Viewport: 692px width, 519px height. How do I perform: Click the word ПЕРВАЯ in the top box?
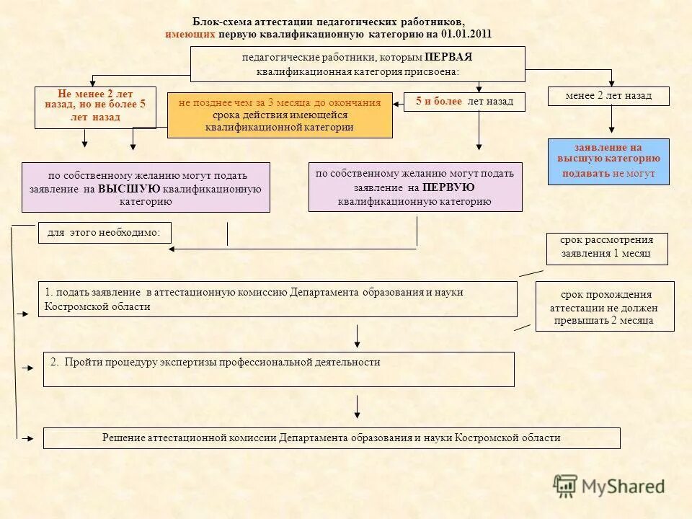[448, 57]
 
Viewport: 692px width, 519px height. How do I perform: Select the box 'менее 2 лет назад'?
[608, 96]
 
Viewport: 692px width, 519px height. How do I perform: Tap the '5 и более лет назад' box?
[464, 102]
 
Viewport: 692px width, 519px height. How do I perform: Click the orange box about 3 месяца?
[280, 115]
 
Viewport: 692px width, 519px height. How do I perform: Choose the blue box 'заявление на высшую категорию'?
[608, 161]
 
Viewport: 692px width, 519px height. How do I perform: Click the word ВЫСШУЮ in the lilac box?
[129, 189]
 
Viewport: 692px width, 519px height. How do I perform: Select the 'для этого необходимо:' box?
[104, 233]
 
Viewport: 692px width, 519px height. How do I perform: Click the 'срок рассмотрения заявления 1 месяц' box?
[606, 248]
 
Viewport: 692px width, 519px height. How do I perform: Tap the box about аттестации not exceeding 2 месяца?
[604, 306]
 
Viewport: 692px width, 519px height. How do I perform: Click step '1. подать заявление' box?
[278, 298]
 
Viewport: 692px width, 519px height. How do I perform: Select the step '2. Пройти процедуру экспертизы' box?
[278, 369]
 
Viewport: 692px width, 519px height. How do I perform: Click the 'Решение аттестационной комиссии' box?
[331, 438]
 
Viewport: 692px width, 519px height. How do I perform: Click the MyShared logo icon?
[565, 486]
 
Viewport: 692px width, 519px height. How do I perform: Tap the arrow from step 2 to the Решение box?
[358, 406]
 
